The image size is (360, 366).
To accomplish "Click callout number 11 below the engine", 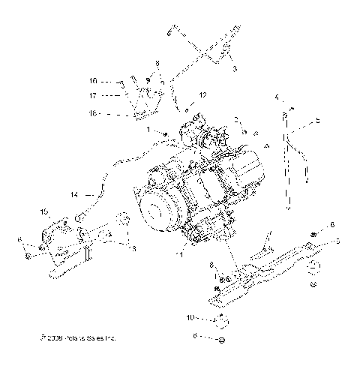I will pos(178,254).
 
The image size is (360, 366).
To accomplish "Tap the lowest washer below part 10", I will pos(222,341).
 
